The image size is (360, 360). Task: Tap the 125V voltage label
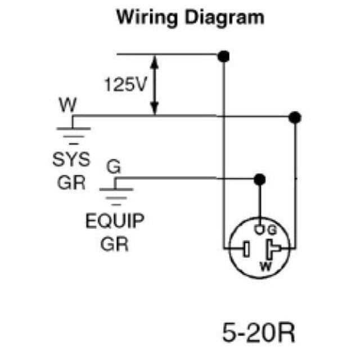click(x=125, y=85)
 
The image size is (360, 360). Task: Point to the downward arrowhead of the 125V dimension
click(x=156, y=110)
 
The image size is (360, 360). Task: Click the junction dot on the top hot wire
click(x=224, y=56)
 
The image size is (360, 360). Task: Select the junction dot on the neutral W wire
click(x=294, y=117)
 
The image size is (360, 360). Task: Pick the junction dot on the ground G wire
click(x=259, y=179)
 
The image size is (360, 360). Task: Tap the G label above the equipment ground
click(x=113, y=166)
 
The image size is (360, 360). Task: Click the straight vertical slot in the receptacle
click(x=246, y=247)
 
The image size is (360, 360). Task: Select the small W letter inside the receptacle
click(x=262, y=264)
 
